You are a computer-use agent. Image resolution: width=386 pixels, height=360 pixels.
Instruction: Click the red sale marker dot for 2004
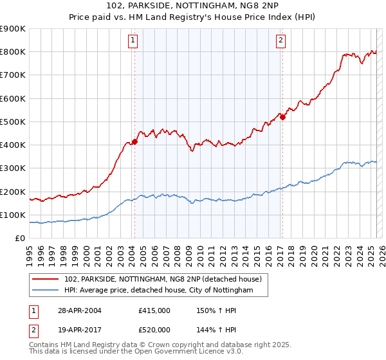click(134, 141)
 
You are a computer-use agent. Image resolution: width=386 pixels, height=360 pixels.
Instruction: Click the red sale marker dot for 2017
click(282, 117)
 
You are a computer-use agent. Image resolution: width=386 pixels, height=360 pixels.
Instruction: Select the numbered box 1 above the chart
click(133, 40)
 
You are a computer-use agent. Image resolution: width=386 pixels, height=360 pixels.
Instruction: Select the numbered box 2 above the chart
click(281, 40)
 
